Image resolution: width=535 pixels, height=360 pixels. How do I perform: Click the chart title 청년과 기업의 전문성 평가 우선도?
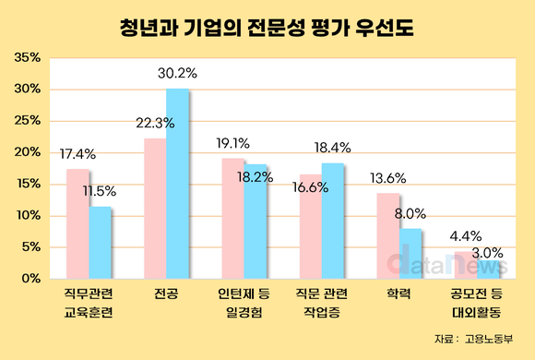tap(267, 26)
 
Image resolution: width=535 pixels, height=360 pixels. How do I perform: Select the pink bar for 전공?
tap(155, 209)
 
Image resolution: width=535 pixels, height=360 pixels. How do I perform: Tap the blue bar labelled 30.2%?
tap(177, 184)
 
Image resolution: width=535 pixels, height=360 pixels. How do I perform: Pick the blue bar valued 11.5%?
tap(101, 242)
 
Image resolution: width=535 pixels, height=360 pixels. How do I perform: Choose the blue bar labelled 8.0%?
tap(410, 253)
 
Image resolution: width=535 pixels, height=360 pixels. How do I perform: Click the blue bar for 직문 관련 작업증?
tap(333, 221)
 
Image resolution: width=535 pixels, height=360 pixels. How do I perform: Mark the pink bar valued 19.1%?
tap(232, 218)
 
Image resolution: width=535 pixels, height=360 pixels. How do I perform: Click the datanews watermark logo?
tap(434, 264)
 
